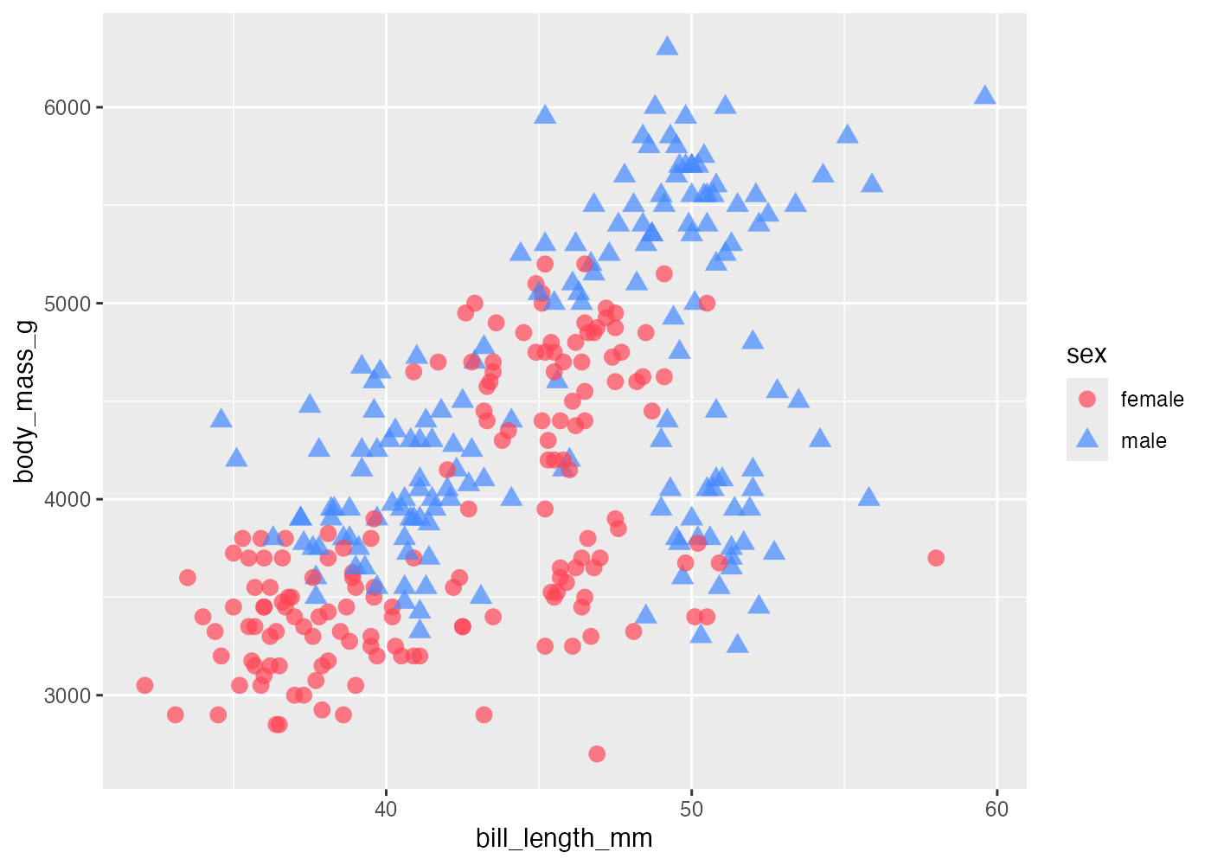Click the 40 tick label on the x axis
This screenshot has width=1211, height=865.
[386, 810]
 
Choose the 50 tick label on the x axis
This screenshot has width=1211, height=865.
[691, 810]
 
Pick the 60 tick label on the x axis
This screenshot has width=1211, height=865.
[996, 810]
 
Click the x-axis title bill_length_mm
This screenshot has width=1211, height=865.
[564, 838]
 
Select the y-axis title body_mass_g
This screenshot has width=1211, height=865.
[25, 401]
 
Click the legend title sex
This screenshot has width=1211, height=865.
[1086, 355]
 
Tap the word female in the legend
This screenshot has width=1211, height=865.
[1151, 400]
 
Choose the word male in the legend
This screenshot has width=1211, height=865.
[1144, 441]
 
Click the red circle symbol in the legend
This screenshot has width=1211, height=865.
[1087, 399]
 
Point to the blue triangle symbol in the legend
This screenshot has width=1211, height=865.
[1087, 440]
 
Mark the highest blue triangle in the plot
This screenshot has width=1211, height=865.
[667, 46]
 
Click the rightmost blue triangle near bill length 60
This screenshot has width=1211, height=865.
[984, 95]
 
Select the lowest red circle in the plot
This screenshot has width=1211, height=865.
[597, 754]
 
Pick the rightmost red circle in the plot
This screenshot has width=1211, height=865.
[936, 558]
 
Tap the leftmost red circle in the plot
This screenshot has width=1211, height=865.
[144, 686]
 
